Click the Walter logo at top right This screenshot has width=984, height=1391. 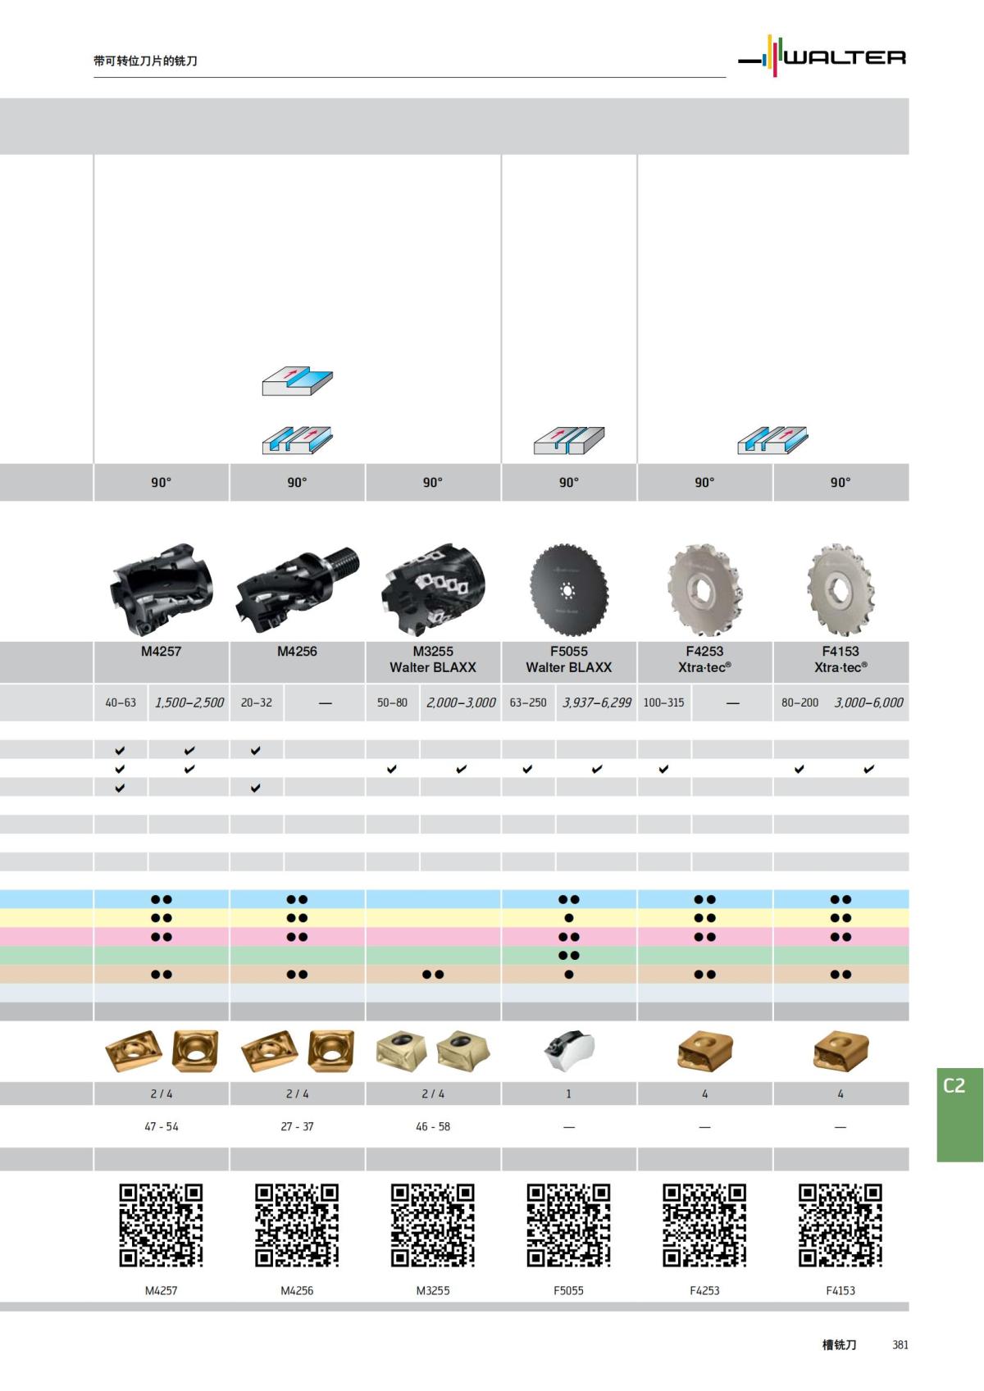click(822, 57)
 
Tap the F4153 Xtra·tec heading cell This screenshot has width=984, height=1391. click(840, 659)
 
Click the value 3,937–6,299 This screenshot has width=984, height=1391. click(597, 702)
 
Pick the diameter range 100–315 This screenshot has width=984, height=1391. click(663, 702)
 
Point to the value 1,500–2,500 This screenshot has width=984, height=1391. click(189, 702)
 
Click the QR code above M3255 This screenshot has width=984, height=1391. click(433, 1225)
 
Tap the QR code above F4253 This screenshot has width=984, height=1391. click(704, 1225)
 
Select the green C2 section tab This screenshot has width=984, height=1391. click(959, 1114)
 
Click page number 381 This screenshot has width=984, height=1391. click(900, 1345)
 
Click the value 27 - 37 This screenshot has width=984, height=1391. click(297, 1126)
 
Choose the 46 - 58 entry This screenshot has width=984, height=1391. click(433, 1126)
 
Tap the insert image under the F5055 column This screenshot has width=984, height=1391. click(570, 1051)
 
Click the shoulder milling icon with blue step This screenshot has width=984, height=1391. click(297, 382)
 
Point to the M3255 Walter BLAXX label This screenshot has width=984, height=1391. click(433, 659)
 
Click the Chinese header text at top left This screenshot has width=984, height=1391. click(146, 61)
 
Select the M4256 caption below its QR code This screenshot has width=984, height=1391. click(297, 1290)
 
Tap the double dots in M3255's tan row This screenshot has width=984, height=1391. click(433, 975)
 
